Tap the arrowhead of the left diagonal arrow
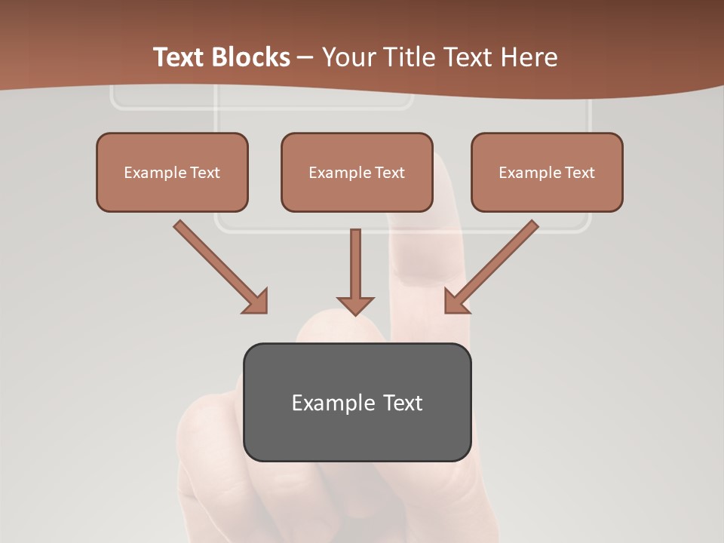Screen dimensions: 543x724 (256, 302)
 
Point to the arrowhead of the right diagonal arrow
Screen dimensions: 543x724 (456, 302)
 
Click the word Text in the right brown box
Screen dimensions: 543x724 (579, 173)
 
